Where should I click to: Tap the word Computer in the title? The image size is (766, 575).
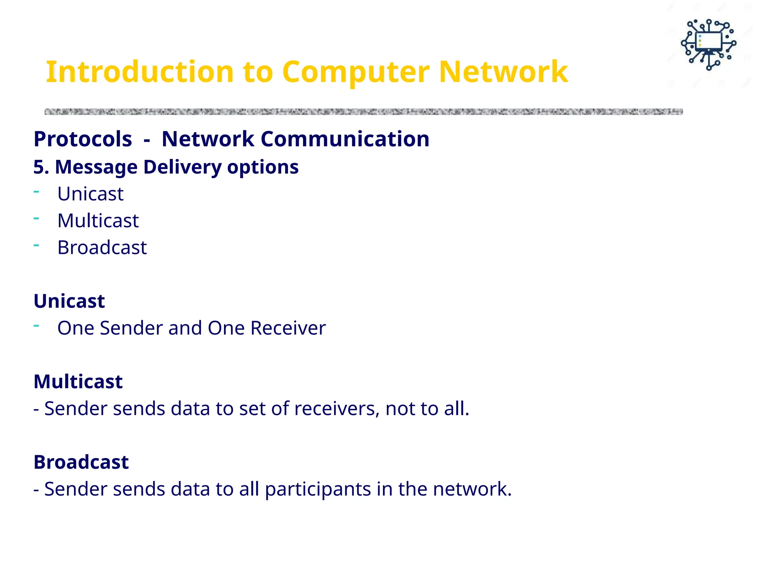pyautogui.click(x=355, y=72)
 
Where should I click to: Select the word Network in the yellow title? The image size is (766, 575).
pyautogui.click(x=503, y=72)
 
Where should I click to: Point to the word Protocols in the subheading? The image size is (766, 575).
pyautogui.click(x=83, y=139)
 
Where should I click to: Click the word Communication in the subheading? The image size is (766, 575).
pyautogui.click(x=345, y=139)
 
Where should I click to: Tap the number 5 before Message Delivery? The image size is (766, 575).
pyautogui.click(x=39, y=167)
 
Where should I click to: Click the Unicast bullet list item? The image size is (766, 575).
pyautogui.click(x=90, y=194)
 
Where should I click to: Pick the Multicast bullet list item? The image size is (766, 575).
pyautogui.click(x=98, y=220)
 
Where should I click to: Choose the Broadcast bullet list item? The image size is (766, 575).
pyautogui.click(x=102, y=247)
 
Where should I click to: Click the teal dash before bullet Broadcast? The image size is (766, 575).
pyautogui.click(x=36, y=246)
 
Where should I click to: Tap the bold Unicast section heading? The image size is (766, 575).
pyautogui.click(x=69, y=301)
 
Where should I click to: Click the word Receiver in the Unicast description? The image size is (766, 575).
pyautogui.click(x=288, y=328)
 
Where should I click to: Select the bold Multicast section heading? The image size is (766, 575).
pyautogui.click(x=78, y=381)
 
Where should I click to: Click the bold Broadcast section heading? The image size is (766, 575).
pyautogui.click(x=81, y=462)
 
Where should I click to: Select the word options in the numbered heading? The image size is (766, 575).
pyautogui.click(x=263, y=167)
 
